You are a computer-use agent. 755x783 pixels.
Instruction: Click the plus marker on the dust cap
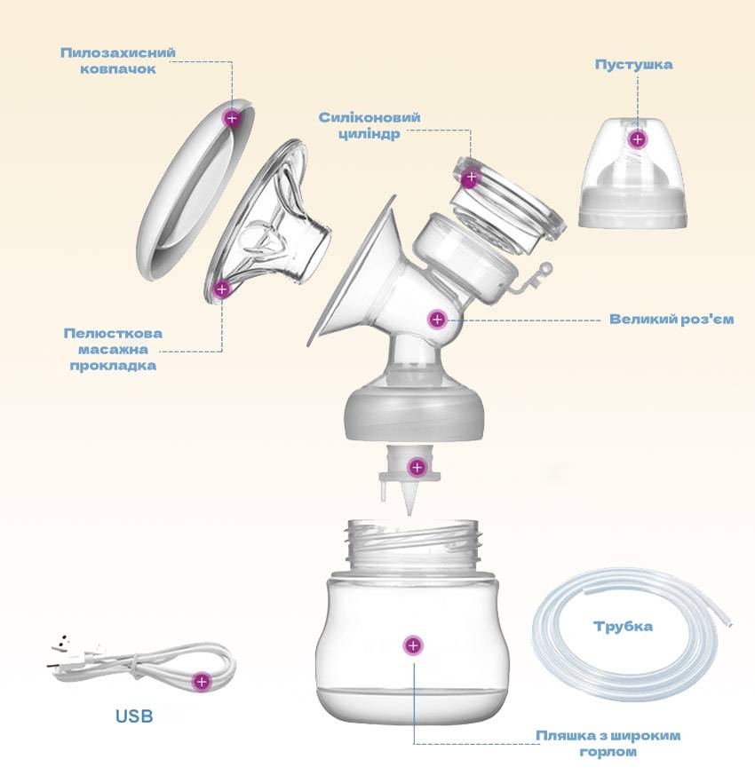(232, 118)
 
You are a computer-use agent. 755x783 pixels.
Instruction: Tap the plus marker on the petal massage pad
(222, 289)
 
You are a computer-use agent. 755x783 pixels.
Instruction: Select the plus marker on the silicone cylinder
(471, 177)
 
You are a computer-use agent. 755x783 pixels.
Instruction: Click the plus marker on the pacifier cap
(637, 138)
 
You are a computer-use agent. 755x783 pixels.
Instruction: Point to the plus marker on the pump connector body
(437, 319)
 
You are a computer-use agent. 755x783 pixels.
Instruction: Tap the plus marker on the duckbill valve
(417, 467)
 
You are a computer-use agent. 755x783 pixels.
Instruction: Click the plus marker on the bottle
(413, 645)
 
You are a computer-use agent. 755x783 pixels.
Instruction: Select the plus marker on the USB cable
(202, 681)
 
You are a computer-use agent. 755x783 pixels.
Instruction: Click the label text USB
(134, 716)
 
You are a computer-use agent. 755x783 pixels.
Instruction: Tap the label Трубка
(623, 626)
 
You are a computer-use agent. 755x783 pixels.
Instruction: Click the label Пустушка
(633, 65)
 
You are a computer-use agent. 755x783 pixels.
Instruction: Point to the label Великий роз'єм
(672, 319)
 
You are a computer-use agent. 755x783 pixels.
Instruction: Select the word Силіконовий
(370, 117)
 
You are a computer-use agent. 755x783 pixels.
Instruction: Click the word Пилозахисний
(118, 52)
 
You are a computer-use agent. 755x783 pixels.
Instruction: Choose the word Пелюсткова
(113, 333)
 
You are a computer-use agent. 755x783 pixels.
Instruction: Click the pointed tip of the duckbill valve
(409, 513)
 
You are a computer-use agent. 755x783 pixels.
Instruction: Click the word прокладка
(113, 366)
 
